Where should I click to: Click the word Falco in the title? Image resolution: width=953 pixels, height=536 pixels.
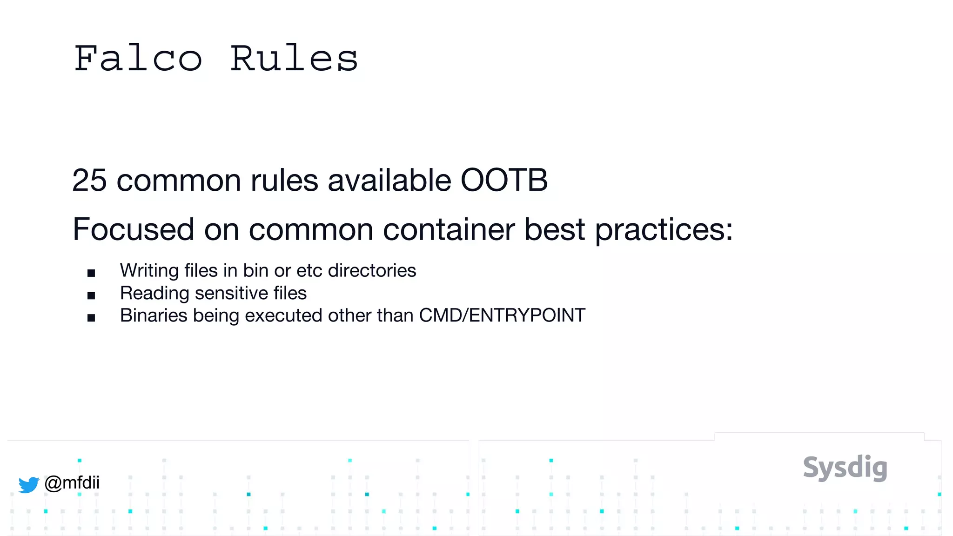click(x=138, y=59)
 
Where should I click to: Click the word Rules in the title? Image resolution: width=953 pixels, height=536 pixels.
click(x=294, y=59)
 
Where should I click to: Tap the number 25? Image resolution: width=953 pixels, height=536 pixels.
click(x=89, y=181)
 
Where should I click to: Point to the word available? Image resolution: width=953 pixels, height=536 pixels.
click(x=389, y=181)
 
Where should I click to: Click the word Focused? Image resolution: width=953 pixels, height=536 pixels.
click(x=134, y=229)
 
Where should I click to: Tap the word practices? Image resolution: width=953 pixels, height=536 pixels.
click(x=664, y=230)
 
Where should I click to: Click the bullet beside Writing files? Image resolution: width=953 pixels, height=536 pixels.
click(x=91, y=273)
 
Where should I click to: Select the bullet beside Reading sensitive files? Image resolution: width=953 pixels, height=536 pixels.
click(x=91, y=295)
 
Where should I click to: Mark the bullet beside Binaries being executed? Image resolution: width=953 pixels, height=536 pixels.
click(x=91, y=318)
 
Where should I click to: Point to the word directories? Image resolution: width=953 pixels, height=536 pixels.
click(x=372, y=271)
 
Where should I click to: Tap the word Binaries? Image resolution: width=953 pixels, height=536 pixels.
click(x=154, y=316)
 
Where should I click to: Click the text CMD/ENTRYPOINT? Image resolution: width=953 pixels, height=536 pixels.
click(x=502, y=316)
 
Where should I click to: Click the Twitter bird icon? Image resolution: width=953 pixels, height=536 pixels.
click(x=28, y=484)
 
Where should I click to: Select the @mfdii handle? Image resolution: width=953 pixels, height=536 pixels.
click(x=72, y=483)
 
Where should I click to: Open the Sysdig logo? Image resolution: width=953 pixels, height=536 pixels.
click(x=845, y=468)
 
